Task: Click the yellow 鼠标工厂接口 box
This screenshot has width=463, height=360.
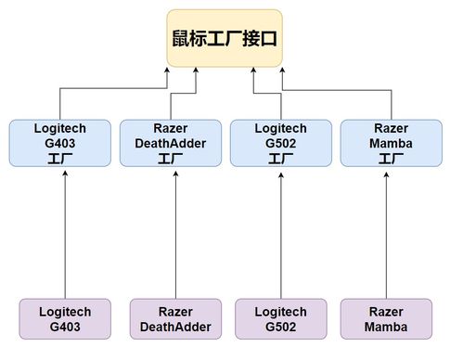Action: pyautogui.click(x=225, y=39)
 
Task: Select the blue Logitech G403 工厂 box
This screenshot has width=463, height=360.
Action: pyautogui.click(x=64, y=143)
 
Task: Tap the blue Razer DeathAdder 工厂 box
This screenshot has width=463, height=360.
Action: pyautogui.click(x=175, y=143)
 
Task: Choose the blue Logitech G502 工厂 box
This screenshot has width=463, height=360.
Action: pyautogui.click(x=279, y=143)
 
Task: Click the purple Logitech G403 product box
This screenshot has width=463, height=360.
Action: pyautogui.click(x=64, y=320)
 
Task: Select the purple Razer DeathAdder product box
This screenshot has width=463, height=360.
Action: pyautogui.click(x=175, y=320)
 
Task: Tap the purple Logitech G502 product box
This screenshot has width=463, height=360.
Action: pyautogui.click(x=279, y=320)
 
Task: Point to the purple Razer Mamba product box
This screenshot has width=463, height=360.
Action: pyautogui.click(x=385, y=320)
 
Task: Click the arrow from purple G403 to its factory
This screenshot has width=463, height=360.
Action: pyautogui.click(x=64, y=232)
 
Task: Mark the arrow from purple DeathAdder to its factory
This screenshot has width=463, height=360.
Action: pyautogui.click(x=175, y=232)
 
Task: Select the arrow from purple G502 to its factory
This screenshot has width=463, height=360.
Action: pyautogui.click(x=279, y=232)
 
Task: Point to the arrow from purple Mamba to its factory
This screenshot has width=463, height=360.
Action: pyautogui.click(x=385, y=232)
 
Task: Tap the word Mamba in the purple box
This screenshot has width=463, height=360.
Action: pyautogui.click(x=385, y=328)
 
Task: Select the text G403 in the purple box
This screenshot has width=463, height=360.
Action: pyautogui.click(x=64, y=328)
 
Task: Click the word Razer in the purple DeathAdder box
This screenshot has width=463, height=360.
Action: pyautogui.click(x=175, y=313)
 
